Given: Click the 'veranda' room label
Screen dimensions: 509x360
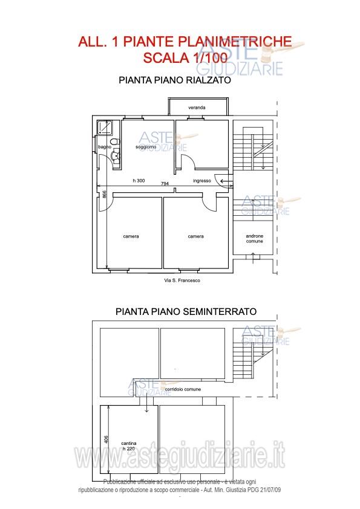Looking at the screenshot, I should pos(197,108).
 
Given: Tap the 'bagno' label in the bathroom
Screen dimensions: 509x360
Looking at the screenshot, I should pos(105,147).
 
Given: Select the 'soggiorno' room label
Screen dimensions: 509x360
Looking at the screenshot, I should pos(146,147).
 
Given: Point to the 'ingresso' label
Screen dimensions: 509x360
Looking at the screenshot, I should pos(201,181).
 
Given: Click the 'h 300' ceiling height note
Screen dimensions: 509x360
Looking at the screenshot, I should pos(139,181).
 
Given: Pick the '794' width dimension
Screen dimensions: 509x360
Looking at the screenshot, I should pos(165,184).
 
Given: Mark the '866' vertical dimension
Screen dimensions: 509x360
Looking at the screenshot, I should pos(104,195).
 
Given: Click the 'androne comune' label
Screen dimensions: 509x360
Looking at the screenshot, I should pos(255,238).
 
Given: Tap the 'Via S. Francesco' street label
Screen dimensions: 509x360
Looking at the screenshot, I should pos(182,280).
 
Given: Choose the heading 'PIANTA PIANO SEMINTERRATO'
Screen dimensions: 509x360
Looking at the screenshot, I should pos(186,312).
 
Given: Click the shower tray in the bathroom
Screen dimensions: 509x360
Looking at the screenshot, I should pos(108,127).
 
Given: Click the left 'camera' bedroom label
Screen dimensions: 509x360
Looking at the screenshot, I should pos(131,236).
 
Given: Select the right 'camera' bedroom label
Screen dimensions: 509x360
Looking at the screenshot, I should pos(195,236).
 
